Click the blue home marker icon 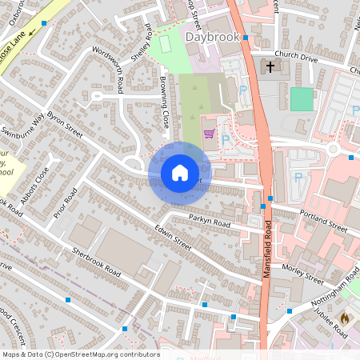pyautogui.click(x=180, y=172)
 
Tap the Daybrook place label pyautogui.click(x=212, y=37)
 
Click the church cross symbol pyautogui.click(x=270, y=66)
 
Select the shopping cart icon pyautogui.click(x=209, y=134)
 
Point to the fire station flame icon pyautogui.click(x=344, y=318)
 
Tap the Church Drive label pyautogui.click(x=297, y=58)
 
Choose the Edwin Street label pyautogui.click(x=173, y=239)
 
